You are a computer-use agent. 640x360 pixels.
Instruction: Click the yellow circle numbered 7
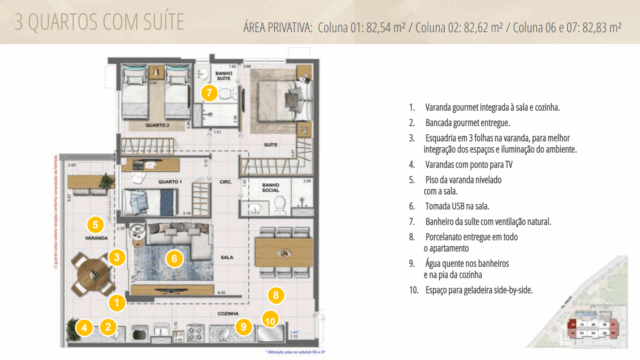pyautogui.click(x=208, y=93)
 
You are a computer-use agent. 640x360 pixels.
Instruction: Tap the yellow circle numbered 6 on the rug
pyautogui.click(x=173, y=258)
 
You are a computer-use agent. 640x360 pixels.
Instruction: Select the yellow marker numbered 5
pyautogui.click(x=95, y=224)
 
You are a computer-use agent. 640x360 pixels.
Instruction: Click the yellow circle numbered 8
pyautogui.click(x=276, y=295)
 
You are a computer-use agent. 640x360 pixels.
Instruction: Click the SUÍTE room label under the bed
pyautogui.click(x=269, y=145)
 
